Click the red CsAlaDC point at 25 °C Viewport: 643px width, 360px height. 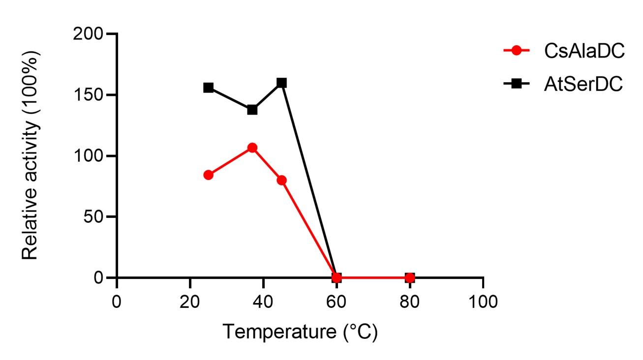(x=208, y=175)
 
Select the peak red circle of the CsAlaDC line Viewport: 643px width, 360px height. (x=252, y=148)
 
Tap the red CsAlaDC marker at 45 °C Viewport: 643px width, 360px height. (x=281, y=180)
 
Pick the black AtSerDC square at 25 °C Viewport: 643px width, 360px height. (x=208, y=88)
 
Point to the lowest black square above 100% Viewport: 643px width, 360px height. (x=252, y=109)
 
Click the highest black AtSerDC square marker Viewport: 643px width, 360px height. (x=281, y=83)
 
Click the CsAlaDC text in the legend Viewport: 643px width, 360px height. (x=584, y=51)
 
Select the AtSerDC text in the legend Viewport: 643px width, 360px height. (x=583, y=84)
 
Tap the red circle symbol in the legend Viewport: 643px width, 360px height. (x=516, y=50)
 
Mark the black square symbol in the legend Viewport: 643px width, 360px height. (x=516, y=84)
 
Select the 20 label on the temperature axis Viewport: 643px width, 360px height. (x=189, y=300)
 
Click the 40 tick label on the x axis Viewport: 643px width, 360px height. (x=263, y=300)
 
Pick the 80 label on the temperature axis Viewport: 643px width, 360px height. (x=409, y=300)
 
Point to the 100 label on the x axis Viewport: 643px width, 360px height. (x=483, y=300)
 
